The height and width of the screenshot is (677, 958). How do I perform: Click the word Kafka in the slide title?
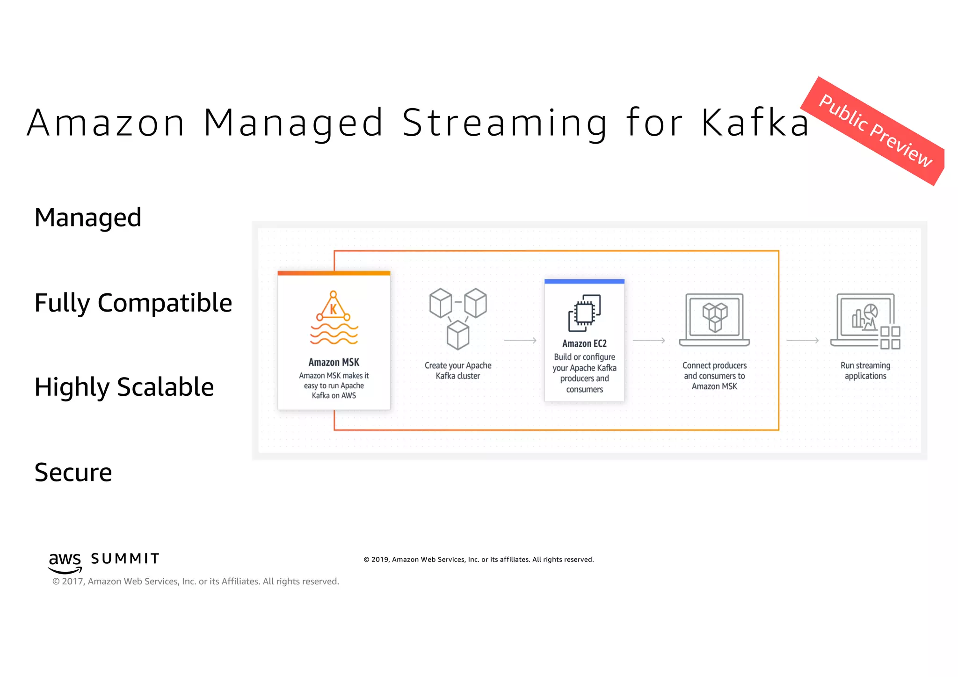[755, 123]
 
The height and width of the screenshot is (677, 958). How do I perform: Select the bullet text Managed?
[88, 218]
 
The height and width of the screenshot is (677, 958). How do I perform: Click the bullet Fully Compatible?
[133, 303]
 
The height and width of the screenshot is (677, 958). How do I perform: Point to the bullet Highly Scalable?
[124, 387]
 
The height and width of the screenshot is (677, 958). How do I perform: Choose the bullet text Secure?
[73, 472]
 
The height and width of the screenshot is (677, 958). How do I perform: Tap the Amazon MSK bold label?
[334, 362]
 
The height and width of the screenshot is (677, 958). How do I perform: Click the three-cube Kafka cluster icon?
[458, 319]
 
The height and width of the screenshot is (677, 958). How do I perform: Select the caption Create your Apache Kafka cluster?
[458, 371]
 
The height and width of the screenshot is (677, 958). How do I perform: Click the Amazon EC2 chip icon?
[584, 313]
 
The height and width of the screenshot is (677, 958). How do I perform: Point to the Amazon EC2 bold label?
[584, 344]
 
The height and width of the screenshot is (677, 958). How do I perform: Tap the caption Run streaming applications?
[865, 371]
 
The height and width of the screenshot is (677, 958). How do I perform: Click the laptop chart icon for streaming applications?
[865, 321]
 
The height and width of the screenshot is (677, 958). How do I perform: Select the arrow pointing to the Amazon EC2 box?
[520, 341]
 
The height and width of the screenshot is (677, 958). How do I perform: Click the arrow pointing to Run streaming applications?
[803, 341]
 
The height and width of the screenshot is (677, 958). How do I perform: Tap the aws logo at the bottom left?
[65, 562]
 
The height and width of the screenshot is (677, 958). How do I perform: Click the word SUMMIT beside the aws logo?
[125, 559]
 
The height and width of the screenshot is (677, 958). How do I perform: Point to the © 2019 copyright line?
[479, 560]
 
